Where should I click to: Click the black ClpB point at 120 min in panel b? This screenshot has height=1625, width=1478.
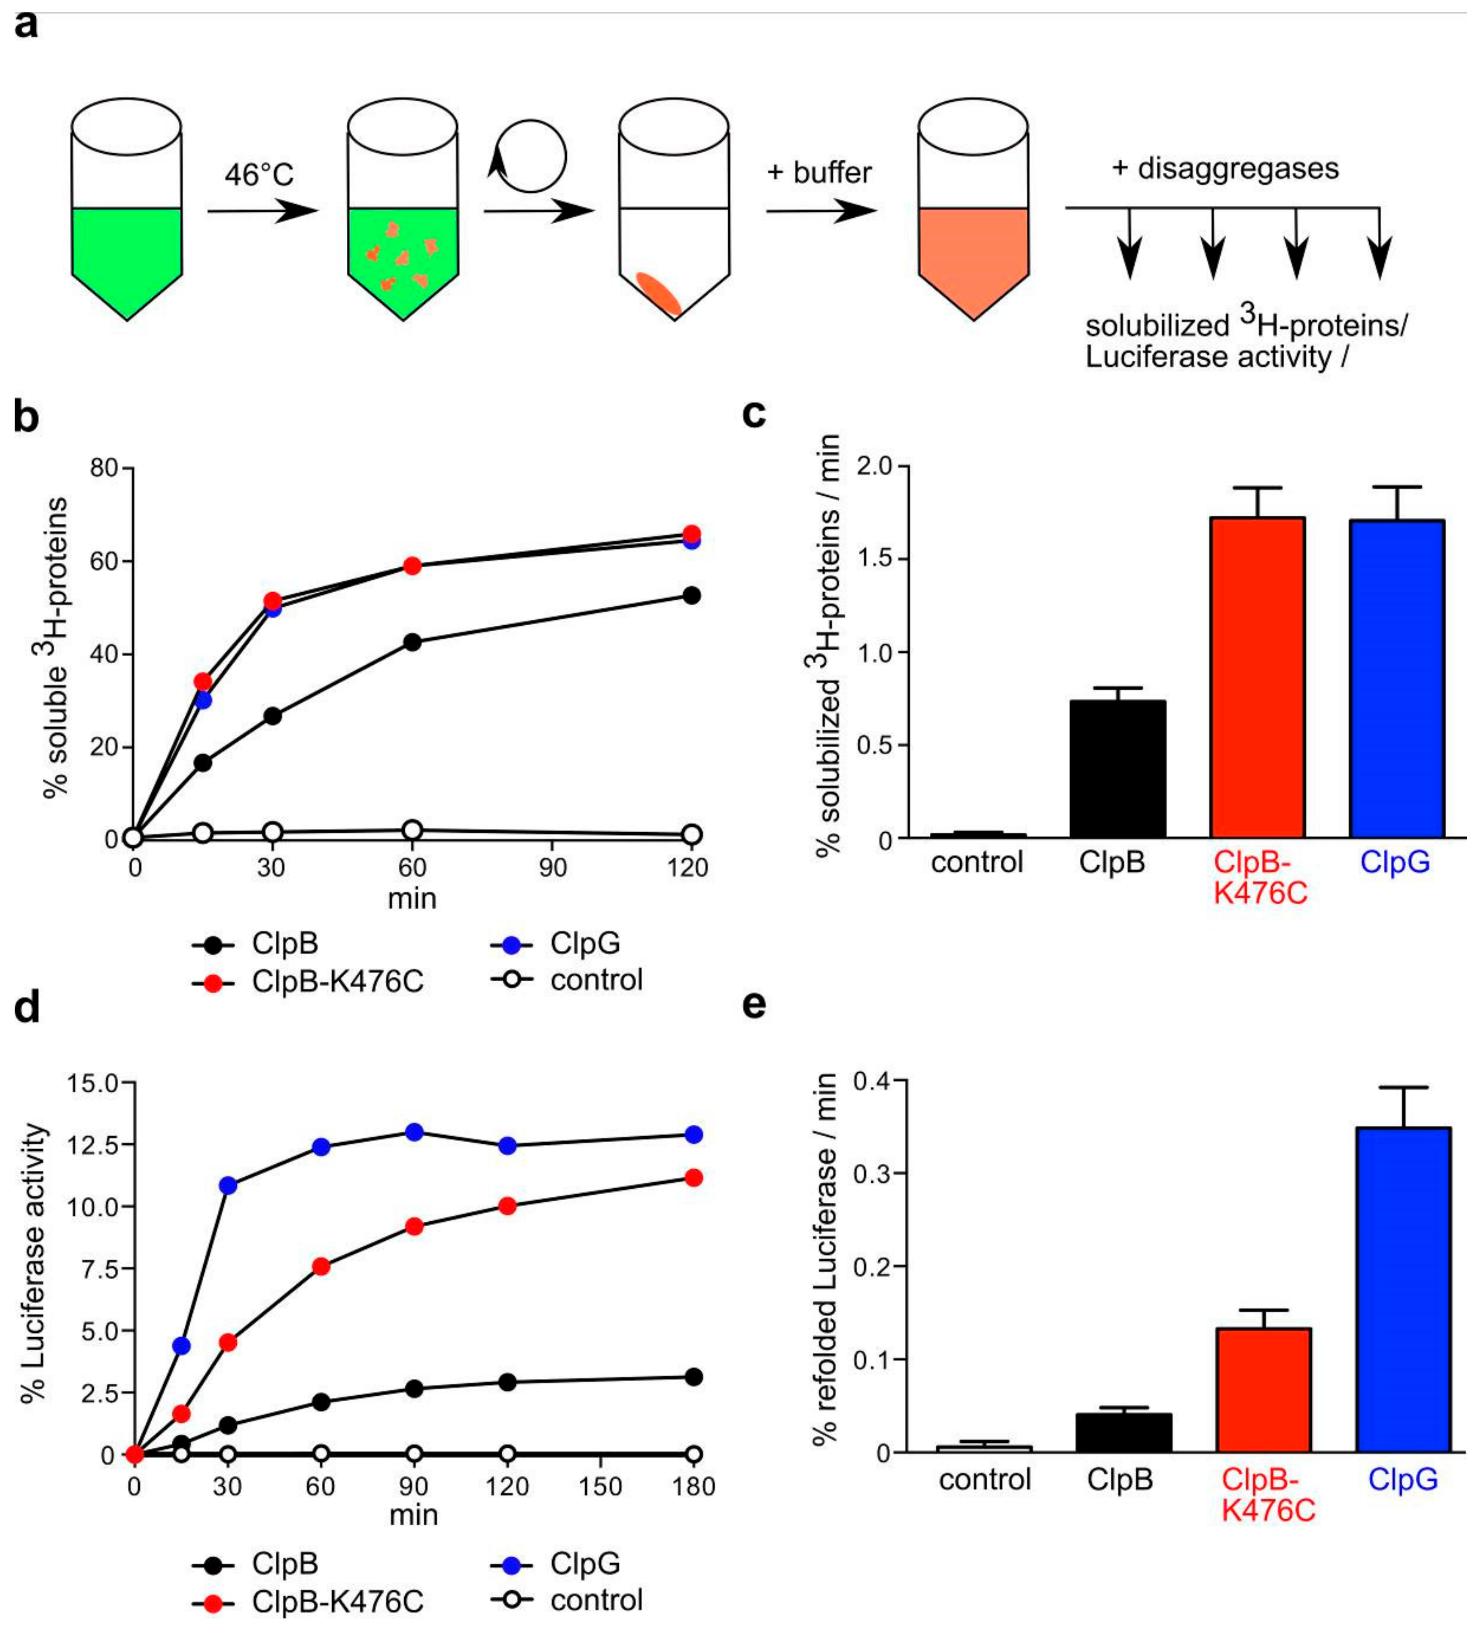(691, 596)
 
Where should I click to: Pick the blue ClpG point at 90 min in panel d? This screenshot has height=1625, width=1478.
(414, 1132)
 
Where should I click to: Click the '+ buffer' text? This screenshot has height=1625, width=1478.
(819, 173)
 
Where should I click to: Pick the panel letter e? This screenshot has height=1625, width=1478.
(753, 1005)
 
